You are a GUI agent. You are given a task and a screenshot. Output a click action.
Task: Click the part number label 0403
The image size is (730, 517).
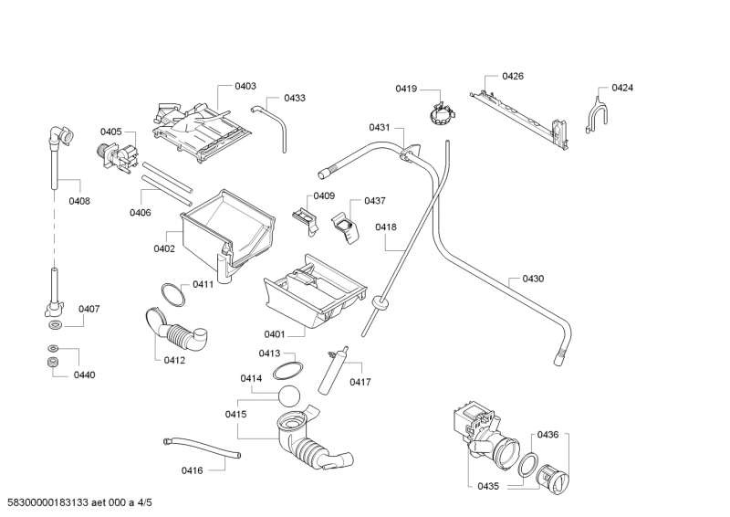(245, 86)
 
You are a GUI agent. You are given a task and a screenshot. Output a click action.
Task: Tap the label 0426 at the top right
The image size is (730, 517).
(513, 77)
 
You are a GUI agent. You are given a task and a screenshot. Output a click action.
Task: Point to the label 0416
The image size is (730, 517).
(192, 470)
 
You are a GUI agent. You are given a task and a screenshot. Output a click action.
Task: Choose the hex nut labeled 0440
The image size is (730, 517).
(54, 364)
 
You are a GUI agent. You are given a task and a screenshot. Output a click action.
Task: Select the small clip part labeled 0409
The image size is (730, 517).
(301, 216)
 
